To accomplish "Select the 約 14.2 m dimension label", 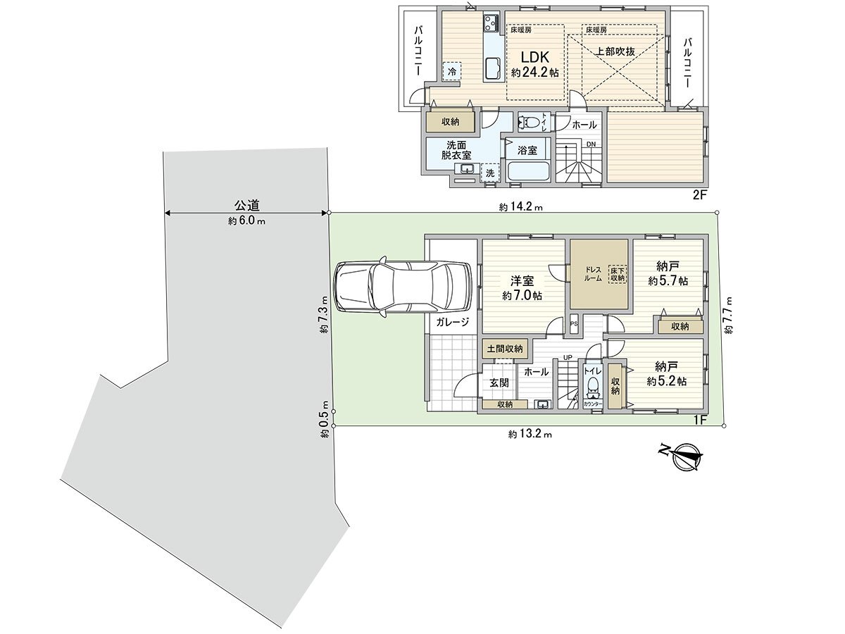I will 521,207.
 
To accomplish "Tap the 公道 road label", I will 247,206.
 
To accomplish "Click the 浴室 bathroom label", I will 527,150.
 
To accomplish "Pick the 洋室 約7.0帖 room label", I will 522,287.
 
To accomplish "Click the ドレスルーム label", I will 593,274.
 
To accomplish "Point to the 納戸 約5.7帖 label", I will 668,273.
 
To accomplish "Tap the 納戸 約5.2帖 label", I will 666,373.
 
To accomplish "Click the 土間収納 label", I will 504,349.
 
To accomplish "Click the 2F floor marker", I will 699,196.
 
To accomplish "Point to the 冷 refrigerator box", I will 451,71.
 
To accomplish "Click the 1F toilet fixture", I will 593,385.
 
